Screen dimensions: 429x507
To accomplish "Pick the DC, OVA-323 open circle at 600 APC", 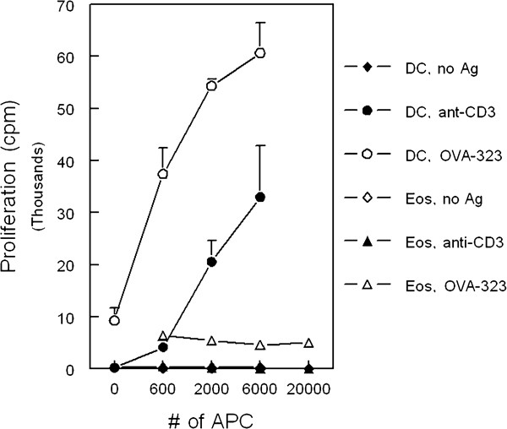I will (163, 174).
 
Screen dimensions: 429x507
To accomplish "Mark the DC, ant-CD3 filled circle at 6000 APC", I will (260, 197).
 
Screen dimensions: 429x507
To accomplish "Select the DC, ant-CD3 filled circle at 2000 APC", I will (211, 262).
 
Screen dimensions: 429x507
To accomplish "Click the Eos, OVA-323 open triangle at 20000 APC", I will (309, 343).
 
